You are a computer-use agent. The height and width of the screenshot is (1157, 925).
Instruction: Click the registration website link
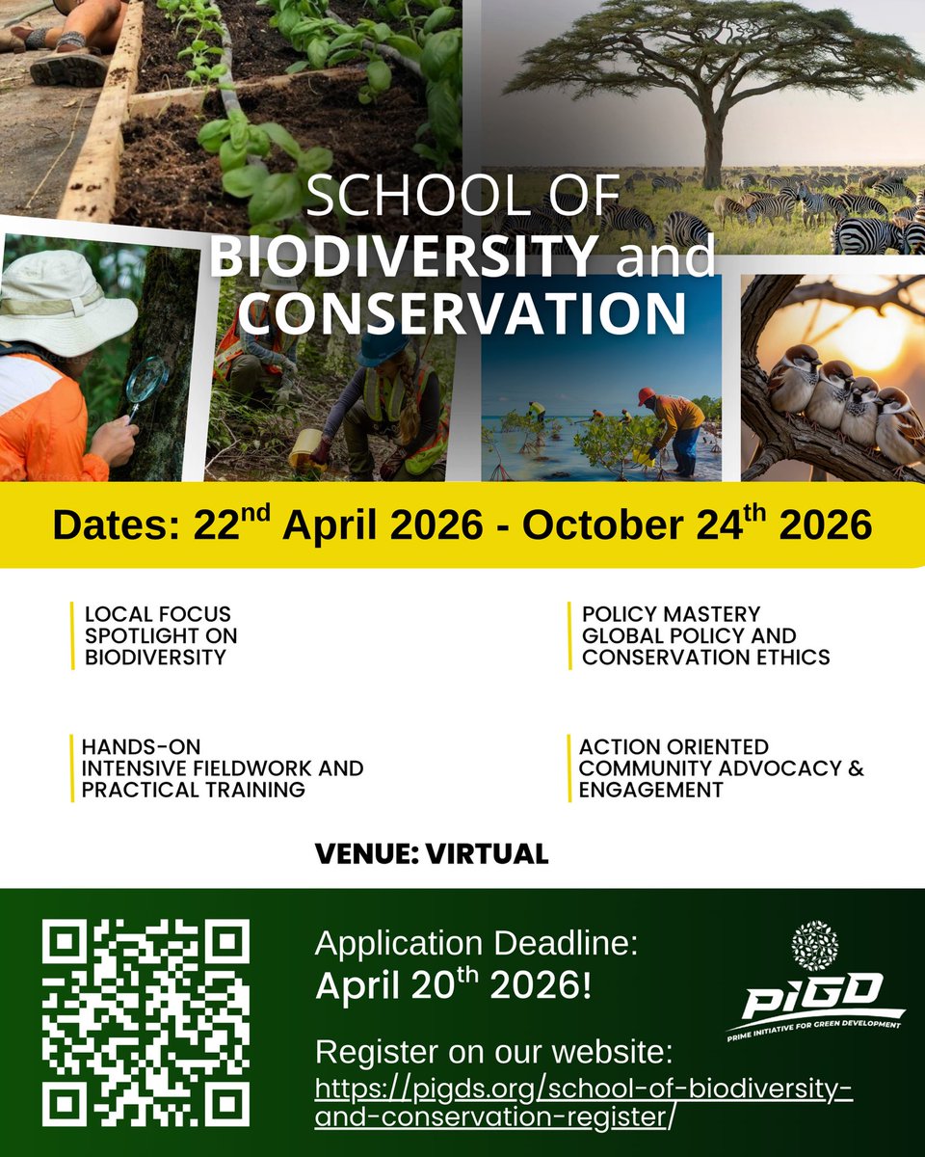[585, 1102]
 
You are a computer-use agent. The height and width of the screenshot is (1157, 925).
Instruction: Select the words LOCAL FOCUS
[158, 613]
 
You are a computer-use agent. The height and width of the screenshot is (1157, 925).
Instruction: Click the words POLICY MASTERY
[671, 613]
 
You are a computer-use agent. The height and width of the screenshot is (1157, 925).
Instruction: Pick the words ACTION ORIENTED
[674, 746]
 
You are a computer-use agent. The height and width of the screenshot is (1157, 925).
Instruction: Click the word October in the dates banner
[597, 525]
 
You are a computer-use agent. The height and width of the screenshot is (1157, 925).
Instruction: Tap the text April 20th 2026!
[453, 986]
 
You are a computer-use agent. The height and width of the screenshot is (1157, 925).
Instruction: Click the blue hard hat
[383, 348]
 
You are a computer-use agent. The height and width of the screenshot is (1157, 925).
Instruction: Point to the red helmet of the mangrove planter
[646, 394]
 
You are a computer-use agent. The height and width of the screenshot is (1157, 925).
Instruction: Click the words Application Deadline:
[476, 943]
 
